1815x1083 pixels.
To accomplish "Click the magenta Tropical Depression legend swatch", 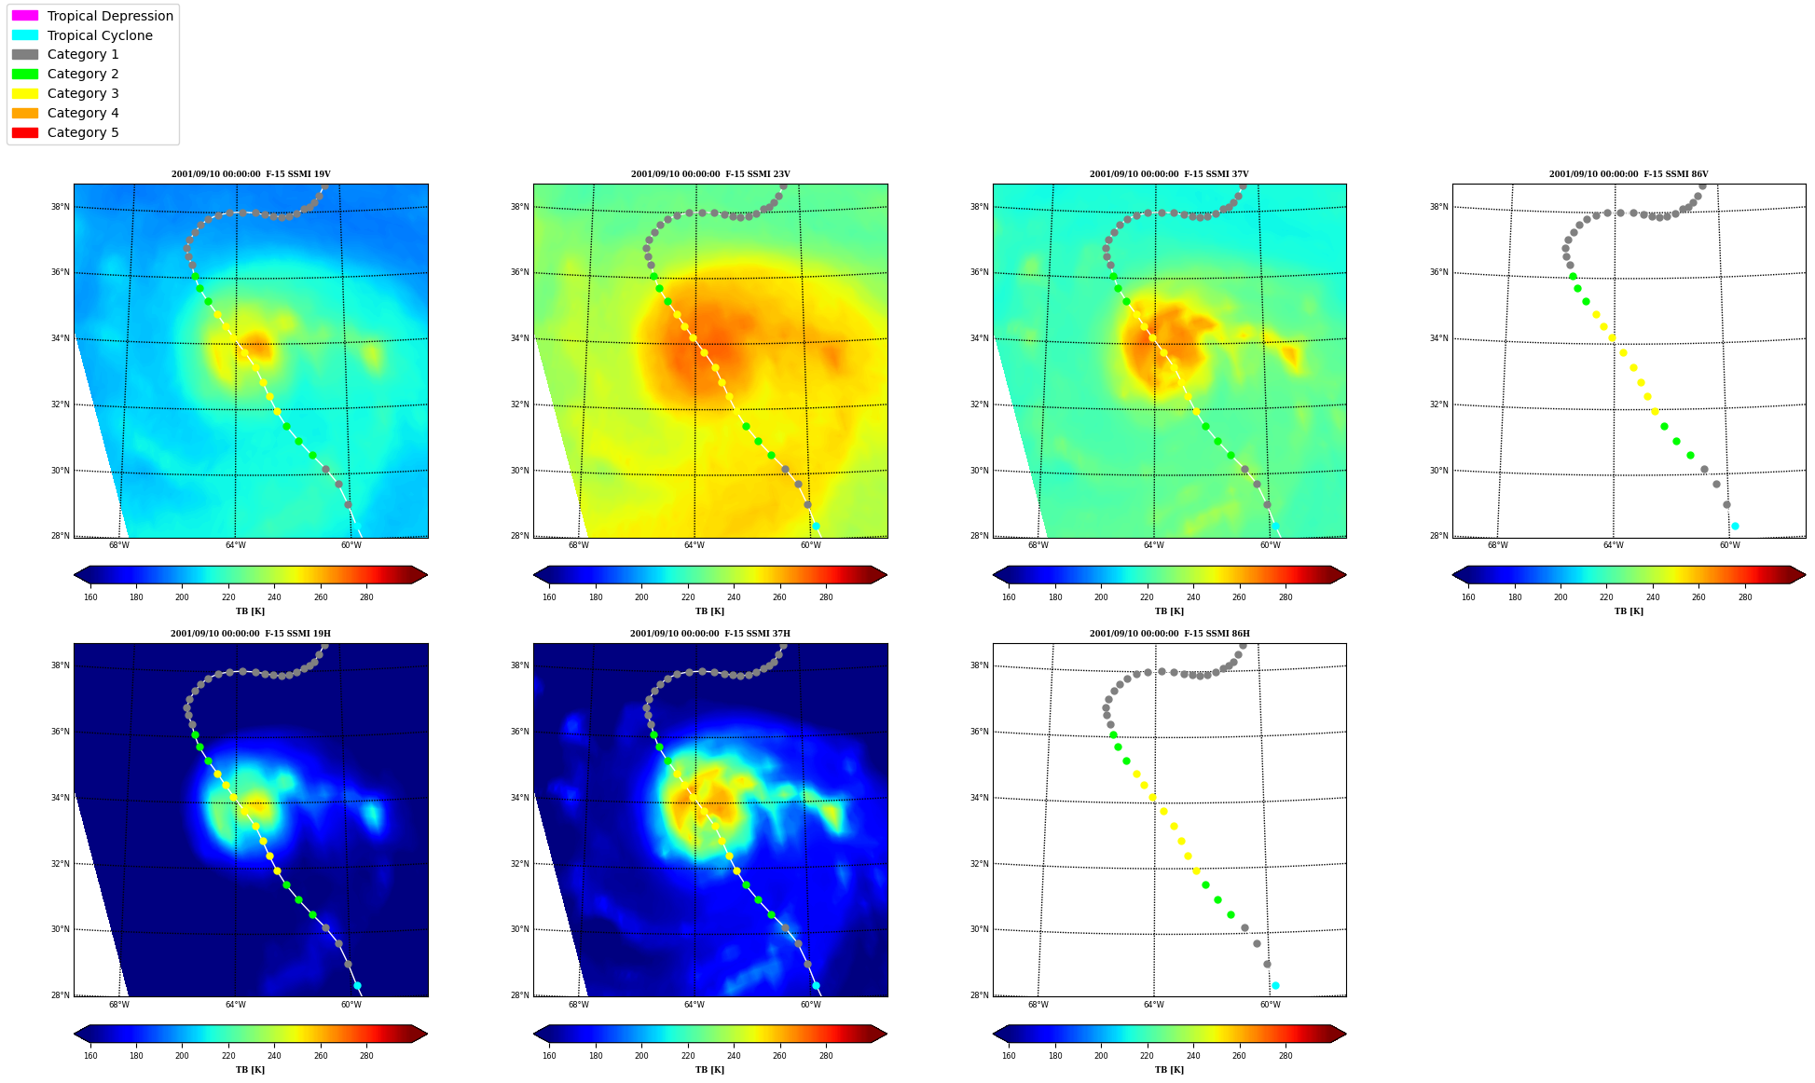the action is coord(25,16).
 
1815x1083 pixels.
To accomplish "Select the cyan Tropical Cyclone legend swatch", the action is coord(25,35).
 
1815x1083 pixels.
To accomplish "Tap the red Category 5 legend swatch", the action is coord(25,132).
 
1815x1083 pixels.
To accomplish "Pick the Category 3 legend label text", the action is coord(83,93).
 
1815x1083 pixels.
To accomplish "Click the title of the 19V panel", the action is coord(251,174).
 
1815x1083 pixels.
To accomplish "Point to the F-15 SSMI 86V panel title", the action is coord(1629,174).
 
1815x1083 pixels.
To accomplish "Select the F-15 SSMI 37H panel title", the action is coord(709,634).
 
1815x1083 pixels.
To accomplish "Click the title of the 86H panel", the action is coord(1169,634).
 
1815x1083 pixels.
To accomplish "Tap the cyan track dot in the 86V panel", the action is coord(1735,526).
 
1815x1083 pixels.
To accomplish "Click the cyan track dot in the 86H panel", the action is coord(1275,985).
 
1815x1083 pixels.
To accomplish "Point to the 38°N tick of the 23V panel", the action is coord(518,207).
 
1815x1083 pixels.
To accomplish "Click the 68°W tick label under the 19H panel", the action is coord(118,1005).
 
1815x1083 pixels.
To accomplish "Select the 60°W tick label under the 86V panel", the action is coord(1729,545).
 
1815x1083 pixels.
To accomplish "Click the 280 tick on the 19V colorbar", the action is coord(366,597).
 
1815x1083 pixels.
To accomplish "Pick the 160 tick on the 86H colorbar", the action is coord(1009,1056).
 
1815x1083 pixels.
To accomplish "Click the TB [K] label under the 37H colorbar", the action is coord(709,1070).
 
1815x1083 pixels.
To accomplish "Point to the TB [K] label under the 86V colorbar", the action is coord(1629,611).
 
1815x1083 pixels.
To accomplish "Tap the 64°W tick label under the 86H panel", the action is coord(1153,1005).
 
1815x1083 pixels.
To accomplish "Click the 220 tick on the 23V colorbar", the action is coord(688,597).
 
